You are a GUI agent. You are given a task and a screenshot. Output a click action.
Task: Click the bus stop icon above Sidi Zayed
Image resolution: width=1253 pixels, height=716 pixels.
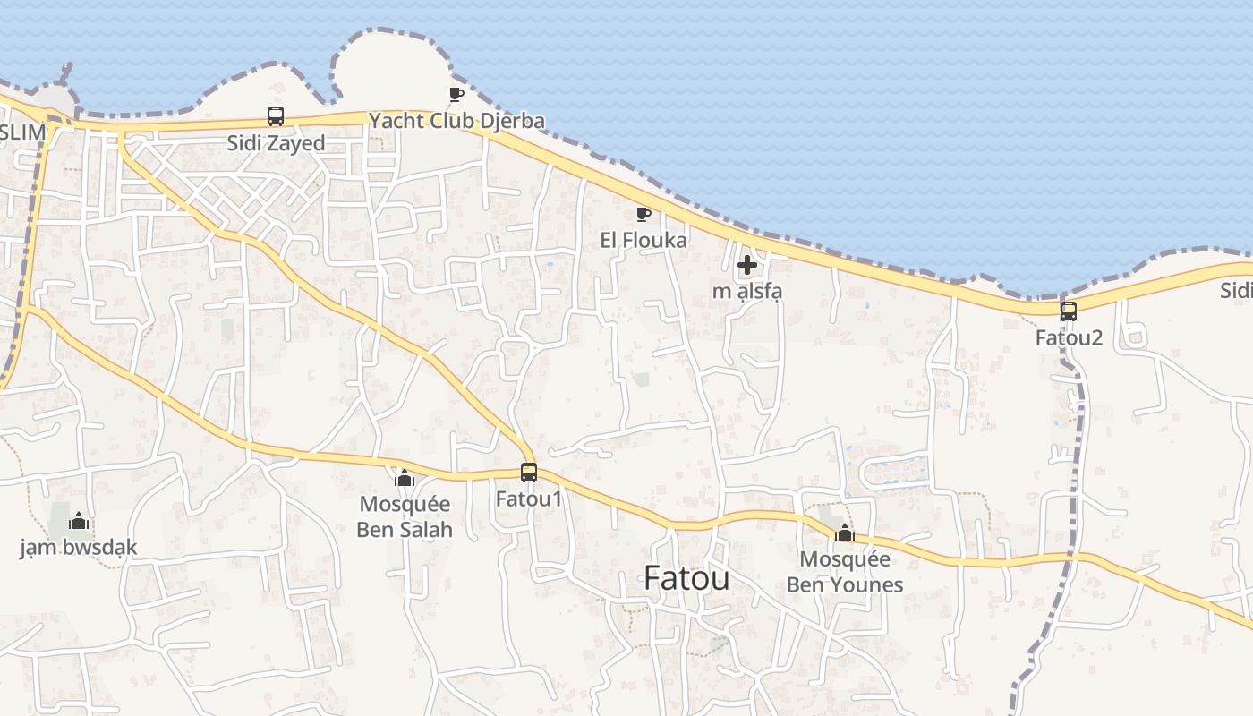[x=276, y=116]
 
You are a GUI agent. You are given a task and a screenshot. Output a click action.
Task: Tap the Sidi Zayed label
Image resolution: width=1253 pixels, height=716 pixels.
[x=276, y=143]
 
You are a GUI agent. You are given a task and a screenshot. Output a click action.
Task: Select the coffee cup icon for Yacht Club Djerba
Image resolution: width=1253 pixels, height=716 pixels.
[x=456, y=94]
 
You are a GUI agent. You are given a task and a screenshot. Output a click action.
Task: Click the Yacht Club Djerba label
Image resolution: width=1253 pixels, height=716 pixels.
[x=456, y=121]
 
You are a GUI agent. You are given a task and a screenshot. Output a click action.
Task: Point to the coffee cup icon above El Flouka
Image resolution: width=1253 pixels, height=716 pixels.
[x=643, y=214]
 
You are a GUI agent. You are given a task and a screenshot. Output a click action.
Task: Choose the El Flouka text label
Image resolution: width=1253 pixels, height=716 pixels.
[x=644, y=240]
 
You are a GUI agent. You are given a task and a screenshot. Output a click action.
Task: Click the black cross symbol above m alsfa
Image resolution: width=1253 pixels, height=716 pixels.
[x=747, y=265]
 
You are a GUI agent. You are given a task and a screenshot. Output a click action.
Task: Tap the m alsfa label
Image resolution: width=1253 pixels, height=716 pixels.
[x=747, y=291]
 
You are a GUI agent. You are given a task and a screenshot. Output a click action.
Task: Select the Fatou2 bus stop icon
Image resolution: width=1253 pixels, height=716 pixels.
[x=1069, y=311]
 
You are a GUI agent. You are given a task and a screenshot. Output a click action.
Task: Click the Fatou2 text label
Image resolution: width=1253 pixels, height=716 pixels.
[x=1069, y=338]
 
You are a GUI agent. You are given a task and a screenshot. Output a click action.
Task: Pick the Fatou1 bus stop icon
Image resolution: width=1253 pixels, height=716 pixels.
[x=529, y=472]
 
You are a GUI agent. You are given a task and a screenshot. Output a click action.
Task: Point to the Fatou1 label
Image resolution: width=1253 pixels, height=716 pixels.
[x=529, y=499]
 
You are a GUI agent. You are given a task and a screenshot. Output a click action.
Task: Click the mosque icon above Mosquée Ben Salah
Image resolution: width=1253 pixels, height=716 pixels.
[x=405, y=479]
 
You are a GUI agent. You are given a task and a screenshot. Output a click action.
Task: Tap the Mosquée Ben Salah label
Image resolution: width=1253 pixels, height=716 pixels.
[x=405, y=516]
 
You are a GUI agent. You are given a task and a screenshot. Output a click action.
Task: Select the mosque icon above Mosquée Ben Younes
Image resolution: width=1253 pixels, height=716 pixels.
[x=844, y=533]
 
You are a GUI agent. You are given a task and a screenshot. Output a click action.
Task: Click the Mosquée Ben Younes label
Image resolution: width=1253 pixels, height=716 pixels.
[x=845, y=572]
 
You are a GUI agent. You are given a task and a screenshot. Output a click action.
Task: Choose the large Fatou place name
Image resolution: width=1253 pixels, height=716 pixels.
[x=686, y=579]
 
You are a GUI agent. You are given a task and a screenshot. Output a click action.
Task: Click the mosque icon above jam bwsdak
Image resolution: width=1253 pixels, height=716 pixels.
[x=79, y=521]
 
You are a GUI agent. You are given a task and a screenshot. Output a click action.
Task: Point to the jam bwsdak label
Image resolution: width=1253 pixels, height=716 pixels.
[x=79, y=548]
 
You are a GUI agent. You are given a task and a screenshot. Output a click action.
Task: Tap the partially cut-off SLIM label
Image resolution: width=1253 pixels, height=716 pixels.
[x=22, y=132]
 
